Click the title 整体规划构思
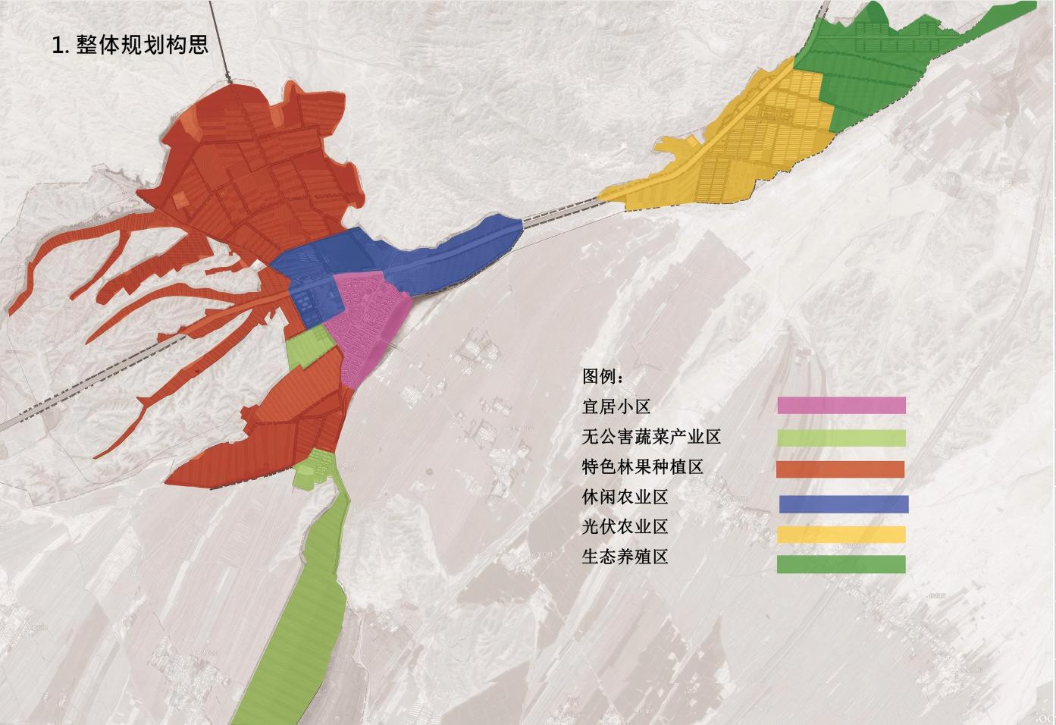pyautogui.click(x=142, y=44)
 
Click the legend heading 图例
pyautogui.click(x=603, y=376)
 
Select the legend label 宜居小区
pyautogui.click(x=616, y=406)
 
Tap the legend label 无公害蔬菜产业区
pyautogui.click(x=651, y=437)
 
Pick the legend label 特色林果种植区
pyautogui.click(x=642, y=467)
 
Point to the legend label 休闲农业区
pyautogui.click(x=625, y=497)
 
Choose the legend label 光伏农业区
pyautogui.click(x=625, y=527)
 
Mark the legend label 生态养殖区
pyautogui.click(x=625, y=557)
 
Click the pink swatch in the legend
pyautogui.click(x=841, y=406)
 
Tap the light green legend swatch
pyautogui.click(x=841, y=438)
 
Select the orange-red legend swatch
pyautogui.click(x=840, y=469)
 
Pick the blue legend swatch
pyautogui.click(x=843, y=504)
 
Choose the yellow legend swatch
pyautogui.click(x=841, y=535)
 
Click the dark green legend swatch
pyautogui.click(x=841, y=563)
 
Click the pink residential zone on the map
pyautogui.click(x=369, y=319)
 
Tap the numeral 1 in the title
pyautogui.click(x=58, y=45)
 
